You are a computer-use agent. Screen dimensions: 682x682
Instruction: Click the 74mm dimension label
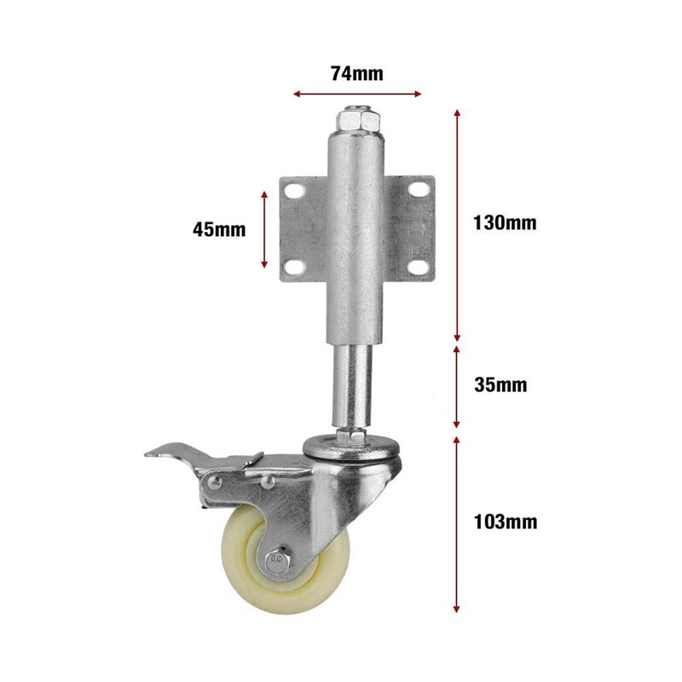tap(356, 73)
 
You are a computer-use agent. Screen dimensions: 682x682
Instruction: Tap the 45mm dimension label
tap(219, 229)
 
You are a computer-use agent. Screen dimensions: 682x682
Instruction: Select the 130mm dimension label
tap(505, 223)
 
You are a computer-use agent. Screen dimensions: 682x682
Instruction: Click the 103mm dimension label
tap(506, 522)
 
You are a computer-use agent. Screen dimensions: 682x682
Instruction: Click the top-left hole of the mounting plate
tap(294, 191)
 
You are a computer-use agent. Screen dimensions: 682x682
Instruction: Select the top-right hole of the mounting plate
tap(418, 191)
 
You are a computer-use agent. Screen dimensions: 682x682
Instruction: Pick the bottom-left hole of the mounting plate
tap(294, 268)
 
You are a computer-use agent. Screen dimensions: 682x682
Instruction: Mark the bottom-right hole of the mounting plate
tap(418, 268)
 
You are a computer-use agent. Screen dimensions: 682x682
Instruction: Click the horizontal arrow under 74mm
tap(356, 94)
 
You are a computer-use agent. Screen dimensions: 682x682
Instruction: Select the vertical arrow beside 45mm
tap(264, 229)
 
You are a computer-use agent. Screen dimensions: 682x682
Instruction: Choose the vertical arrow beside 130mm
tap(458, 224)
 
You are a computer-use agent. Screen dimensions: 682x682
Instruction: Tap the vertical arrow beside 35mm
tap(458, 386)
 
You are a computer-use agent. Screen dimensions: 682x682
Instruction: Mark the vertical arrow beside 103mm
tap(458, 523)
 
